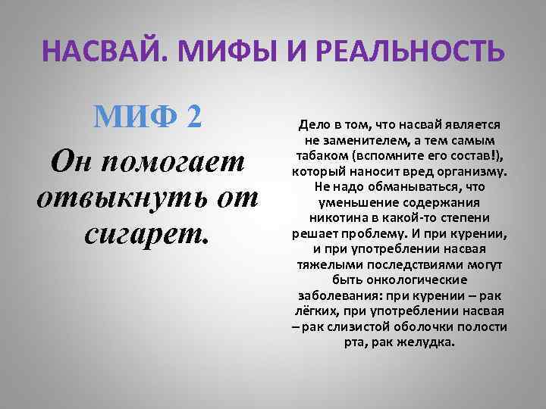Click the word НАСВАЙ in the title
point(102,54)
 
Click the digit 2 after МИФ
point(193,118)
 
